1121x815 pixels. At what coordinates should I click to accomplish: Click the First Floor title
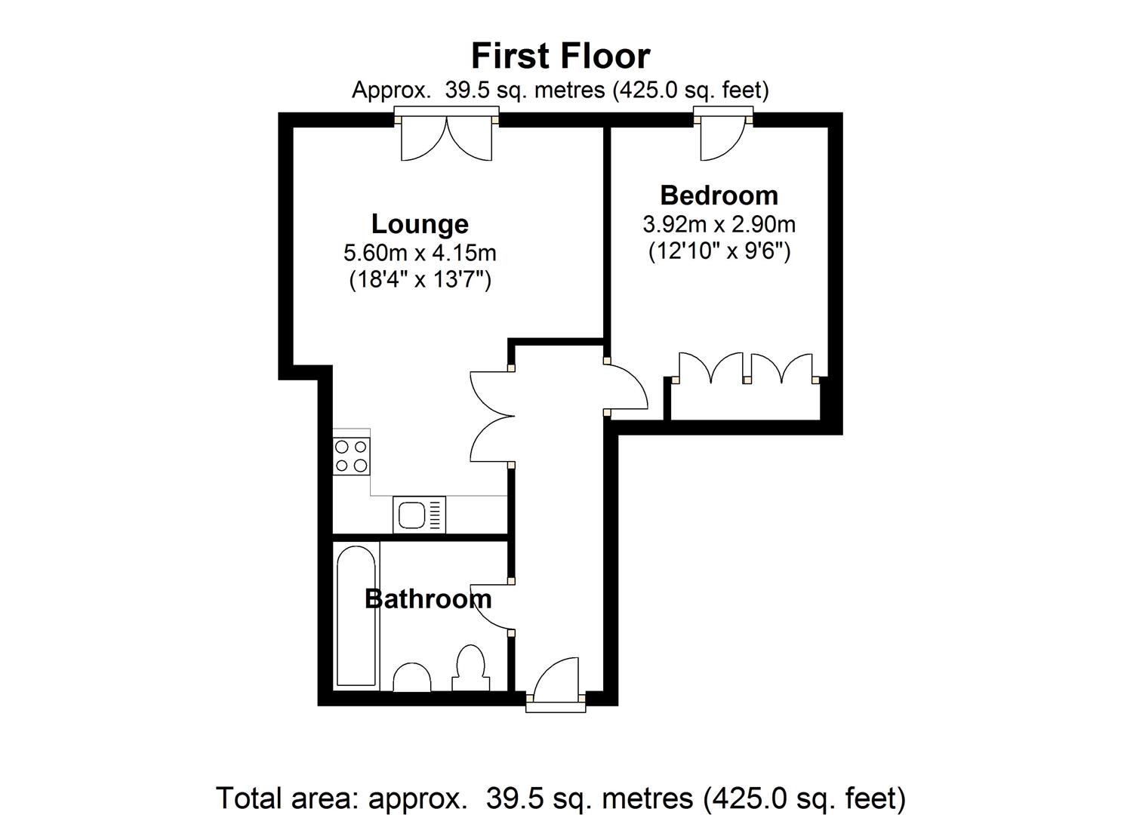560,57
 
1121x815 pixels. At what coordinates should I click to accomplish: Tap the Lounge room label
420,224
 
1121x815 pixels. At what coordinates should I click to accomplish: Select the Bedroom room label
719,195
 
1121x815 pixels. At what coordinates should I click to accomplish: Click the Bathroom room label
428,599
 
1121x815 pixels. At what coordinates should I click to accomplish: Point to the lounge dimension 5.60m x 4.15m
420,252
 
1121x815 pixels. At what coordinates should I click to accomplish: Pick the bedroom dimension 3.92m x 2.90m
719,224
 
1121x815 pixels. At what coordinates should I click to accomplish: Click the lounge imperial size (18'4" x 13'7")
420,280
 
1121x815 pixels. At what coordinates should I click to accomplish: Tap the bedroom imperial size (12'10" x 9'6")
719,251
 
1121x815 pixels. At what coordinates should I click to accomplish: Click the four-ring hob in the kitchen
352,456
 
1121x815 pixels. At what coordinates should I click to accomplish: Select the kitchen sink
419,515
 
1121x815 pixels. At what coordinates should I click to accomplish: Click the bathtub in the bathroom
356,617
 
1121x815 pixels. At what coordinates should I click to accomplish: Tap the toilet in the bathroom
470,668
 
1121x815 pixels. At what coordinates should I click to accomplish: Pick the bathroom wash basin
412,677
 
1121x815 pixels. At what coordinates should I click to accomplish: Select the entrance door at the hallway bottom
556,683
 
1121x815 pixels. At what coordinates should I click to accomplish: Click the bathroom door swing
491,606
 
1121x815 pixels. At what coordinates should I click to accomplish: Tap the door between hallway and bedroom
627,389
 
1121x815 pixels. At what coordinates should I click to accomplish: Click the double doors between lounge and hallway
491,416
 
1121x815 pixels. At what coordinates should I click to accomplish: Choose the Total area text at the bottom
560,798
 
